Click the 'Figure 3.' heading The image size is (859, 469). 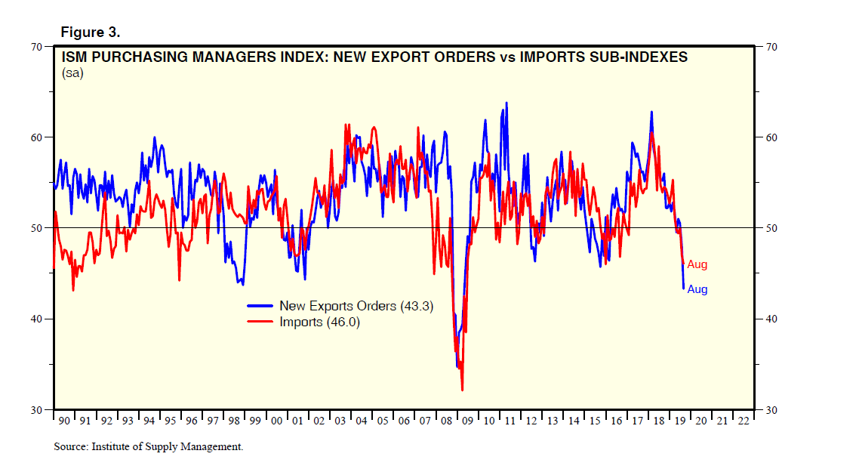point(89,33)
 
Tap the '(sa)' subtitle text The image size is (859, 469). point(72,73)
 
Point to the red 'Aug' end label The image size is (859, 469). point(697,264)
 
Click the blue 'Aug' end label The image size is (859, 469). point(697,289)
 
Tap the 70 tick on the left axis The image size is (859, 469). point(35,47)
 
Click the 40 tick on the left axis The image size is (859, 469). point(35,319)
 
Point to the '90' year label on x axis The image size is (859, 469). point(63,420)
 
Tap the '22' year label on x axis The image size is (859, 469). point(744,420)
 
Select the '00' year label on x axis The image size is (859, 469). point(276,420)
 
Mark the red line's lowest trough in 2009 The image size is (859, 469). point(461,390)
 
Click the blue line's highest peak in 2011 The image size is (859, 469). point(506,103)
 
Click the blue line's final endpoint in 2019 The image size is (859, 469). point(683,288)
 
